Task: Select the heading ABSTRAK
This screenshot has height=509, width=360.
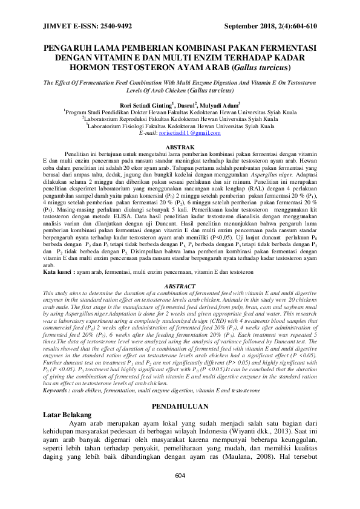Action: pyautogui.click(x=180, y=148)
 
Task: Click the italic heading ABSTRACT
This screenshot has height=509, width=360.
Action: pyautogui.click(x=180, y=285)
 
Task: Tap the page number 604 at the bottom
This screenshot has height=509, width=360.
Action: pyautogui.click(x=180, y=493)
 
